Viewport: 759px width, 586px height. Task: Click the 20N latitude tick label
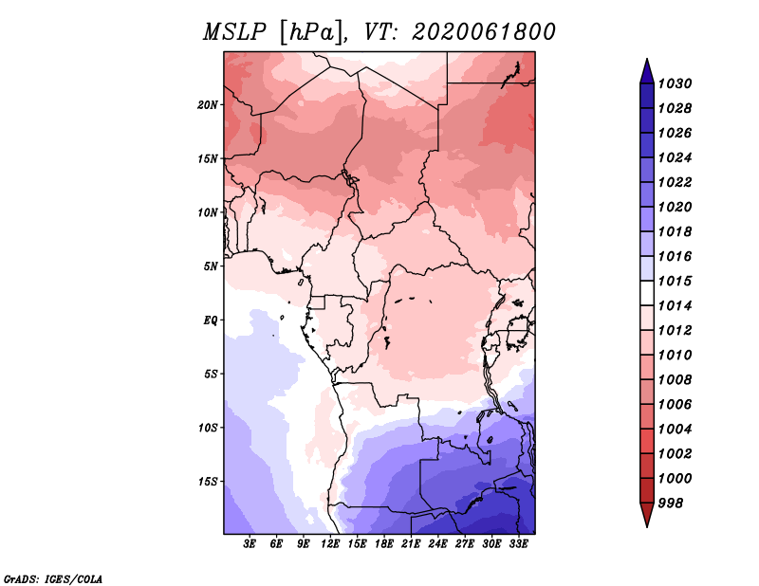(208, 105)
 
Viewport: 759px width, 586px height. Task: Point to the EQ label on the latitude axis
(211, 320)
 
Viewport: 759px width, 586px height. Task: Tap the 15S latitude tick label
(208, 482)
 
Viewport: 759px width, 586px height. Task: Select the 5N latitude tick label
(211, 266)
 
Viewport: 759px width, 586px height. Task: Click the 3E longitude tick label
(250, 544)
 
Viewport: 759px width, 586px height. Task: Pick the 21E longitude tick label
(411, 544)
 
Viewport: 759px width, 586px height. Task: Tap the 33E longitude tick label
(518, 544)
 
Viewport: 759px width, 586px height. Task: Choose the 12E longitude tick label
(329, 544)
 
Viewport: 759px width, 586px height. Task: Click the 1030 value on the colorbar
(675, 83)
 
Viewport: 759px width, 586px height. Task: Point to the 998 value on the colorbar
(671, 504)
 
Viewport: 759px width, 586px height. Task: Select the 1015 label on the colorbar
(675, 281)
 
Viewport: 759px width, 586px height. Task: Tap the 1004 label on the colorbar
(675, 430)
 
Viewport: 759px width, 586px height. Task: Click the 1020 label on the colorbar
(675, 207)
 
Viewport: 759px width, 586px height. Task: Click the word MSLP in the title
(234, 32)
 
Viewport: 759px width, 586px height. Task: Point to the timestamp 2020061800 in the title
(484, 32)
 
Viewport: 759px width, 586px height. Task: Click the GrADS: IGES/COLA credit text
(53, 578)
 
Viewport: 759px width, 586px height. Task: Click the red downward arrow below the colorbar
(647, 514)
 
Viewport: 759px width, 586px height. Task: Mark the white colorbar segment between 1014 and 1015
(647, 293)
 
